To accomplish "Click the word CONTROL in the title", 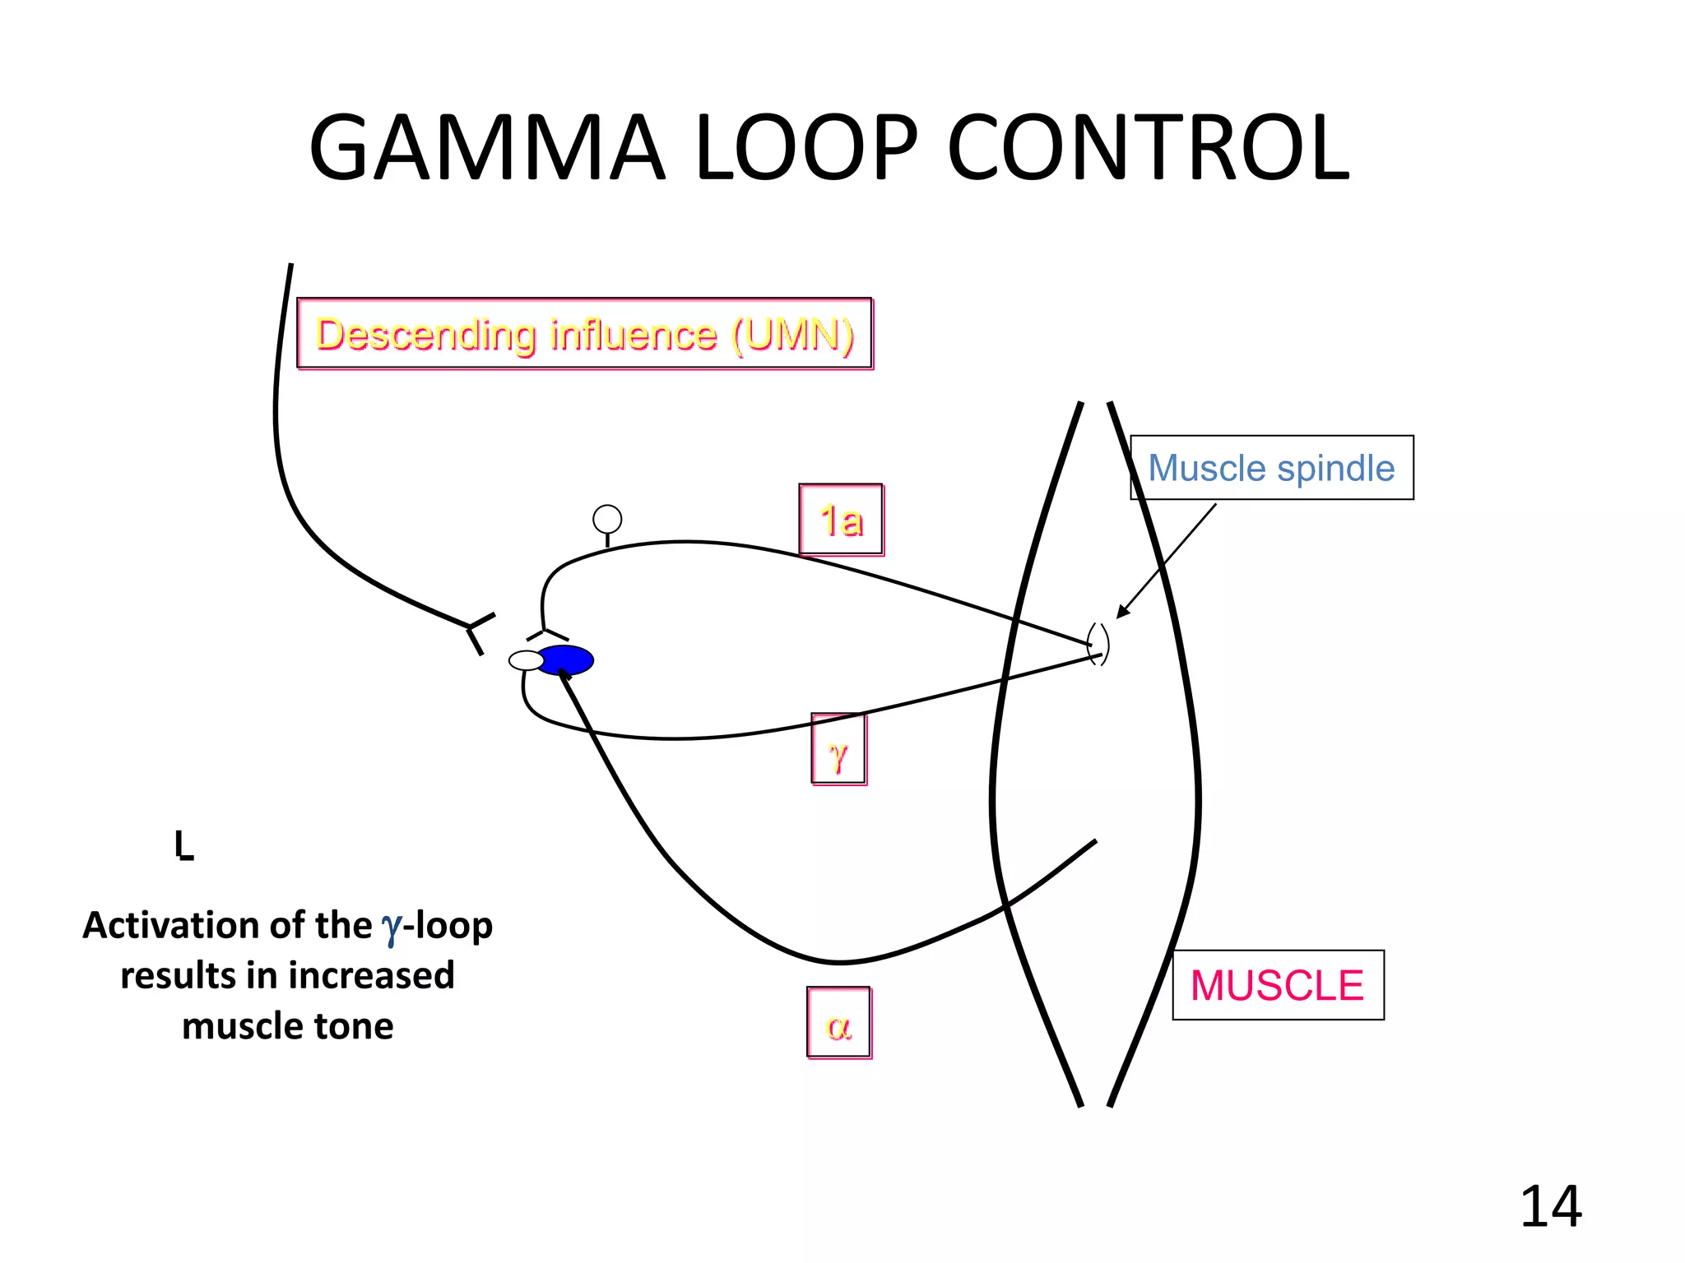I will tap(1149, 149).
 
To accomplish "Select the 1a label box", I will tap(841, 520).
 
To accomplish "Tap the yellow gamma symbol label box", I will tap(838, 749).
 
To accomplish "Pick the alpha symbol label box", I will tap(838, 1023).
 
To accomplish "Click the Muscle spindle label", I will tap(1271, 468).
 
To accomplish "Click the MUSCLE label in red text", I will tap(1277, 985).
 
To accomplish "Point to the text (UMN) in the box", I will tap(793, 335).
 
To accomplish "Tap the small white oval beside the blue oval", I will tap(526, 660).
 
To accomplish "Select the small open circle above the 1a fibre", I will tap(607, 519).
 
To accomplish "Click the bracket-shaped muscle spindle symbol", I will tap(1098, 644).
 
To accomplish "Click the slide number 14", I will tap(1550, 1206).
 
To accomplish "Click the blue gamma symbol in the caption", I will tap(392, 928).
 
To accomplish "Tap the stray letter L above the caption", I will tap(183, 844).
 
